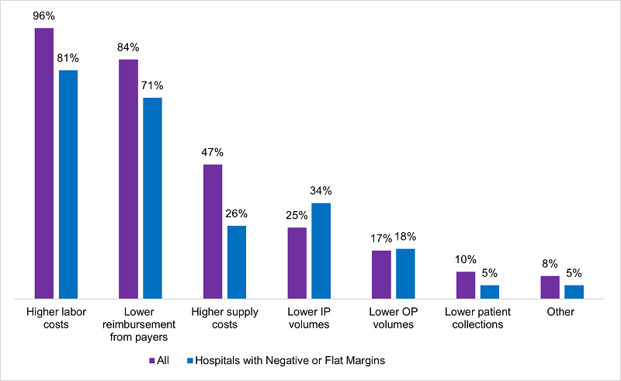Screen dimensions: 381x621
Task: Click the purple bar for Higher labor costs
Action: [x=43, y=163]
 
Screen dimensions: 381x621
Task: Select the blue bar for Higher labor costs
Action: [x=68, y=184]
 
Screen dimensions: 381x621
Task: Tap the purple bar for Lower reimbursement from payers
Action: [x=128, y=178]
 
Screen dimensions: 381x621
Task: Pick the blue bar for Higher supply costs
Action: [x=237, y=262]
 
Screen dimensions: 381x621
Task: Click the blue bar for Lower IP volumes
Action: [x=321, y=251]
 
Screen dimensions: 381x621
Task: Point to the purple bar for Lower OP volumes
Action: [x=381, y=274]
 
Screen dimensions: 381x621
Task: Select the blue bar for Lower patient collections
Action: [x=490, y=291]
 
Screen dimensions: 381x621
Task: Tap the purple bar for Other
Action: [x=550, y=286]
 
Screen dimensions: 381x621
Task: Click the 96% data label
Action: [x=43, y=15]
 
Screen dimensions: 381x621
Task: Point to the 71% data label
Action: [x=152, y=85]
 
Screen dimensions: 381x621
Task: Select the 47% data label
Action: [x=213, y=152]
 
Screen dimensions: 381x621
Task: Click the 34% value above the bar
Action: [x=321, y=191]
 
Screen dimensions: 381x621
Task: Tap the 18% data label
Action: [x=405, y=237]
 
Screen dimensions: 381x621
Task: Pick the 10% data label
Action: [x=466, y=260]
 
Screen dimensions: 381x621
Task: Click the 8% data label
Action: [x=550, y=264]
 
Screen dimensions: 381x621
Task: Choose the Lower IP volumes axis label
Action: [x=309, y=318]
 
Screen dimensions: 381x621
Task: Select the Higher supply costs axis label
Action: [x=224, y=318]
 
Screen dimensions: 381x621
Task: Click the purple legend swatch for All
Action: [x=152, y=361]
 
